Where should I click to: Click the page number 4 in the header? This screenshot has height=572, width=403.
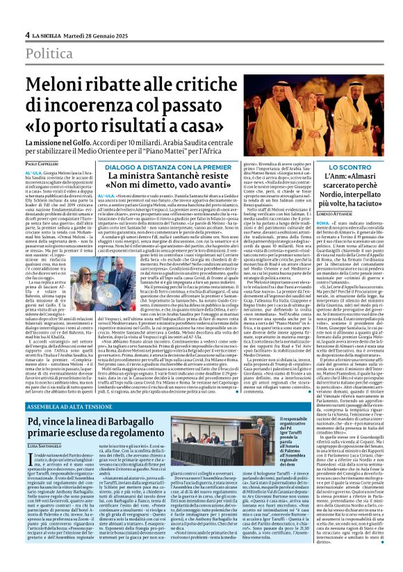[x=27, y=35]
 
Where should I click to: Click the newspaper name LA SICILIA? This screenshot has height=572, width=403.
[x=50, y=35]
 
